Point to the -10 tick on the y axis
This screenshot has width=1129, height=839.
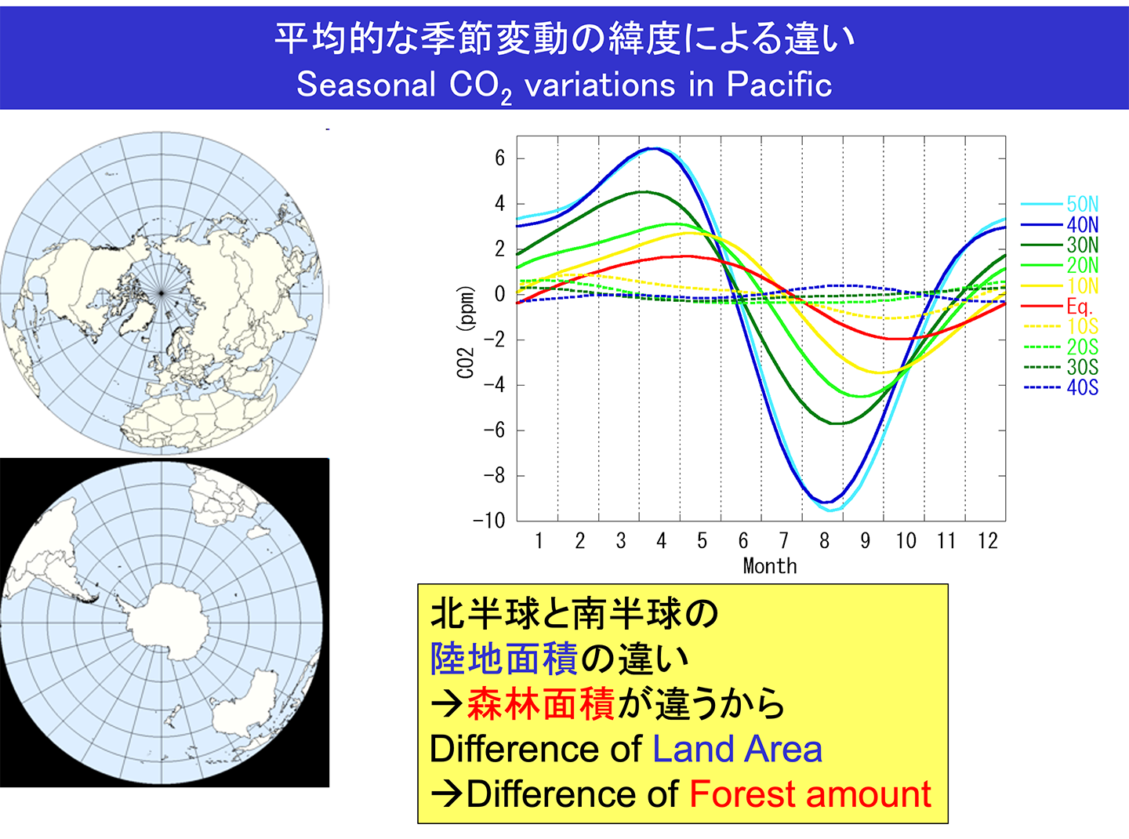489,521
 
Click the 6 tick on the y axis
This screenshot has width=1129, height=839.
499,158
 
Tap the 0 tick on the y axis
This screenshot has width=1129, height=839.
499,295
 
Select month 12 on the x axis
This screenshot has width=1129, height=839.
987,541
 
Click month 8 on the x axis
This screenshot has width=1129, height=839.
824,541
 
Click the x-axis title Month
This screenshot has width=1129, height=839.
769,566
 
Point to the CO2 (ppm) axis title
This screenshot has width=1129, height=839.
466,332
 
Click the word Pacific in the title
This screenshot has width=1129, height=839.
779,85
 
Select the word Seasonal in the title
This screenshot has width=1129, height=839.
365,85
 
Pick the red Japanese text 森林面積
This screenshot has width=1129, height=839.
541,703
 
